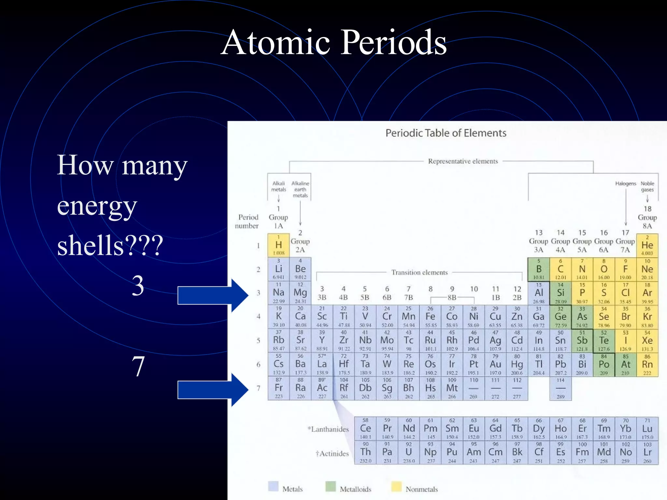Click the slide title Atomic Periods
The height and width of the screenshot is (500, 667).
(333, 42)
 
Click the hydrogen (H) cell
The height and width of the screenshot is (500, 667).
(278, 245)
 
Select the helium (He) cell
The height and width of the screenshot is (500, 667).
(647, 245)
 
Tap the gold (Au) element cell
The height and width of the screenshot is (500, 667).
(495, 364)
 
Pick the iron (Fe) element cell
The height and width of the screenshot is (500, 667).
(430, 316)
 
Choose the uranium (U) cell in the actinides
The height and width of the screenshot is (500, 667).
(409, 452)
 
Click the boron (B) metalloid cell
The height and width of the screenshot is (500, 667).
(539, 269)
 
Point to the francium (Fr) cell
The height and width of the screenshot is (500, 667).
(278, 388)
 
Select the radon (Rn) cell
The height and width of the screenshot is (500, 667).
(647, 364)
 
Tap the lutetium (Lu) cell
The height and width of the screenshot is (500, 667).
(647, 428)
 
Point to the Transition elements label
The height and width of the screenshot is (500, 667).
(419, 272)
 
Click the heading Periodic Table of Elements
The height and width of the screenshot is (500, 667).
(446, 133)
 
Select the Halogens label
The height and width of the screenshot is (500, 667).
(625, 184)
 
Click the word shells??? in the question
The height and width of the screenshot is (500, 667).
(110, 246)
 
